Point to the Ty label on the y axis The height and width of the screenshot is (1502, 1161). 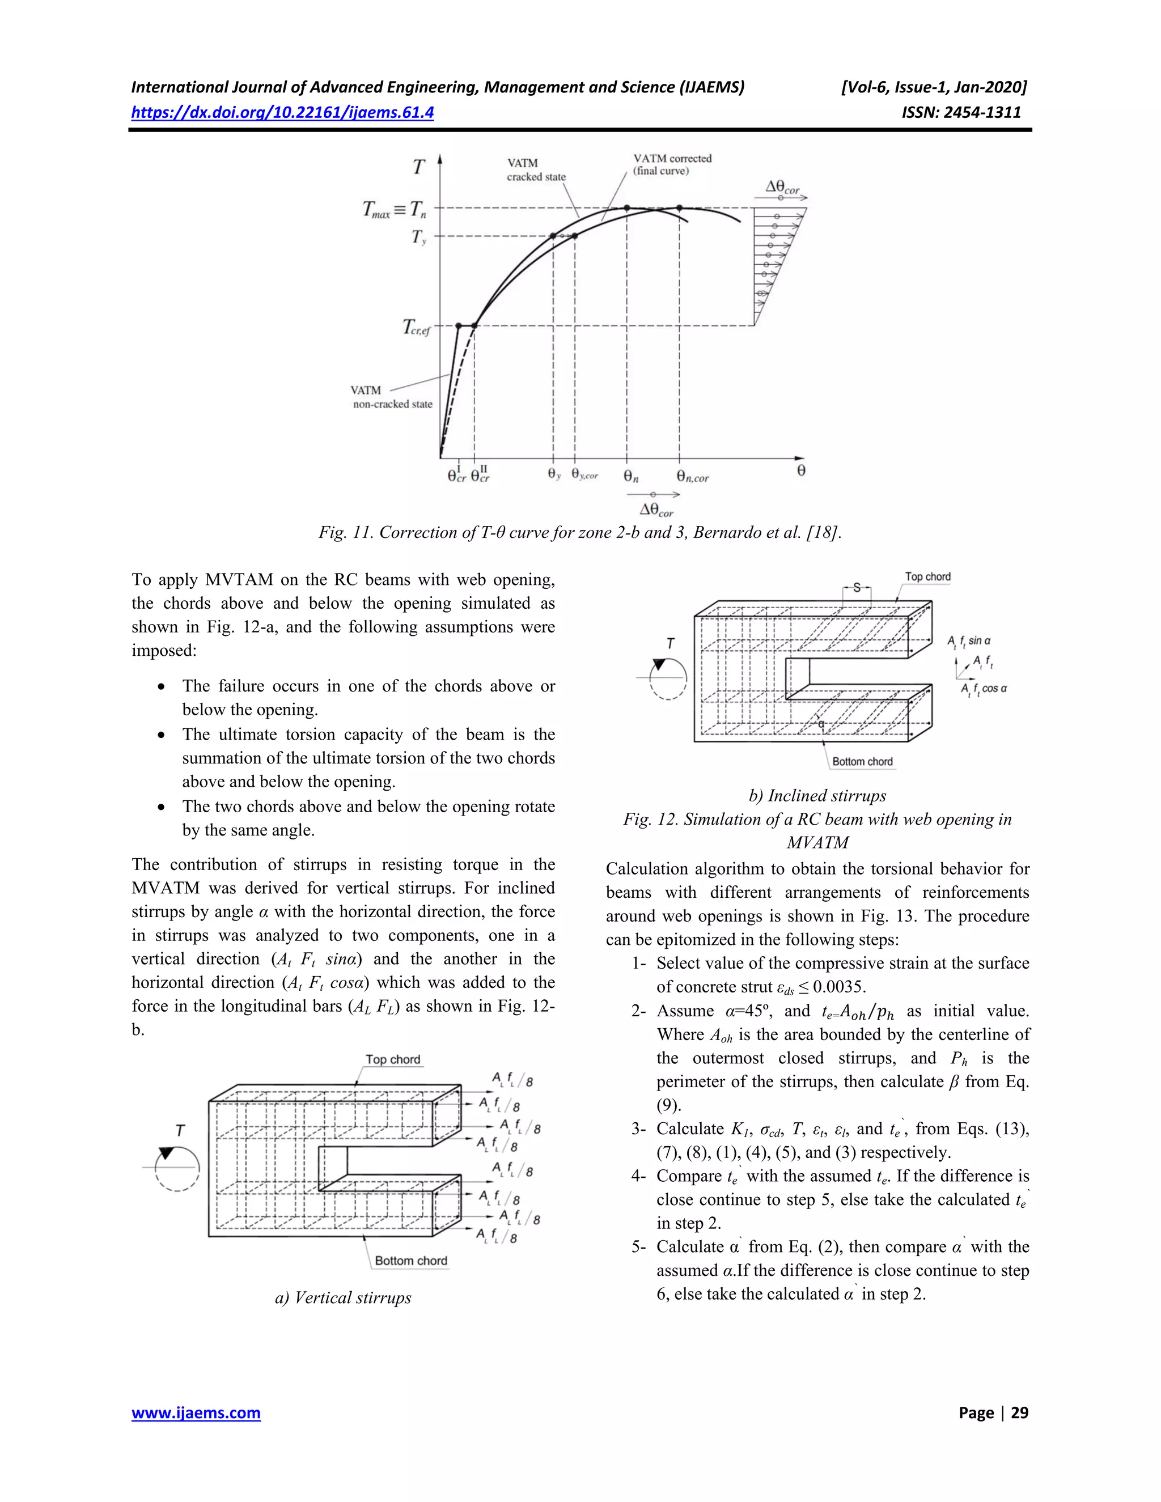[x=419, y=238]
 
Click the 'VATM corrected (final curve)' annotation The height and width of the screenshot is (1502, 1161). [x=672, y=164]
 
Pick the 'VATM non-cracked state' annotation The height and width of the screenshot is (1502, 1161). [x=392, y=397]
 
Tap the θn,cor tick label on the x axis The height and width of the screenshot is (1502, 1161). [x=692, y=476]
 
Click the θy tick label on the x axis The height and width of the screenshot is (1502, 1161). [x=554, y=474]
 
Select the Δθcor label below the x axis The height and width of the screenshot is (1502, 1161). [x=656, y=510]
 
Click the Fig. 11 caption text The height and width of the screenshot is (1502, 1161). [x=580, y=532]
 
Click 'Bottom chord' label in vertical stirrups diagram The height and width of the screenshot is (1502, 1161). [x=410, y=1261]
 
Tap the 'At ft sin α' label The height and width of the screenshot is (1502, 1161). [x=968, y=641]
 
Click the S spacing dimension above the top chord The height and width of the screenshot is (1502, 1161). [x=857, y=588]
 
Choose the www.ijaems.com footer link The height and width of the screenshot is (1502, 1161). [x=196, y=1412]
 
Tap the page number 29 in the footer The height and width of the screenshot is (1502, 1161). [x=1019, y=1412]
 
